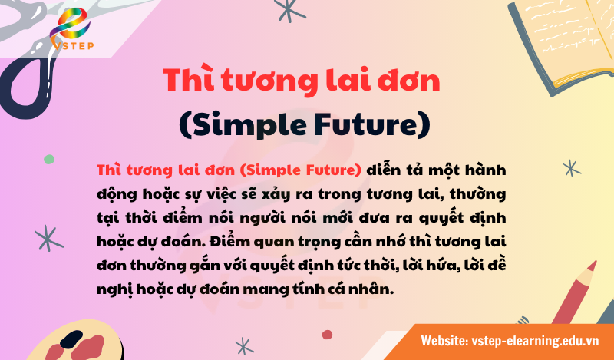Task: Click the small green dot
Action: pos(49,159)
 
